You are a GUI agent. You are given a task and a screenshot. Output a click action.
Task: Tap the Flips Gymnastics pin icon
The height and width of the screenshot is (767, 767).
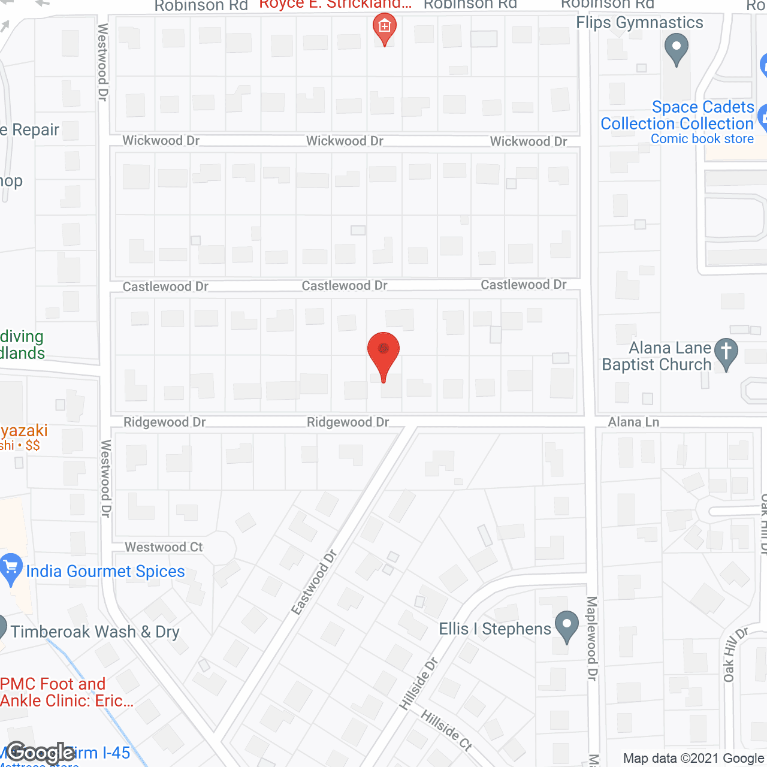pyautogui.click(x=677, y=49)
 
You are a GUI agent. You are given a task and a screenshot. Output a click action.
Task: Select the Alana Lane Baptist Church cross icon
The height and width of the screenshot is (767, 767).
pyautogui.click(x=726, y=354)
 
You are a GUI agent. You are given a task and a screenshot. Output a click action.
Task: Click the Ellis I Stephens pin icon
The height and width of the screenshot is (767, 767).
pyautogui.click(x=566, y=626)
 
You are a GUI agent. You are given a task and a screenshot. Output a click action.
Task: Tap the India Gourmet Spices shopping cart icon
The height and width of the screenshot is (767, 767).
pyautogui.click(x=10, y=569)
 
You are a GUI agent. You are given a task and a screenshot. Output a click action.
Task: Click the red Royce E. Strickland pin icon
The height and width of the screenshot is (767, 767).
pyautogui.click(x=384, y=29)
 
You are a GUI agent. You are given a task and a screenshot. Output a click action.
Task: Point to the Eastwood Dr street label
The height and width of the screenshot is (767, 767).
pyautogui.click(x=314, y=582)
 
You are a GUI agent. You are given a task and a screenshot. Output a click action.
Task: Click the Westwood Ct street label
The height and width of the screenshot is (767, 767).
pyautogui.click(x=164, y=547)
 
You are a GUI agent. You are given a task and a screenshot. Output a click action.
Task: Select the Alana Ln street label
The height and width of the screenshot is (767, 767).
pyautogui.click(x=633, y=422)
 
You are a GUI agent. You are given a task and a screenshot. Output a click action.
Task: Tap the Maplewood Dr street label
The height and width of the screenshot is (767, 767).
pyautogui.click(x=592, y=638)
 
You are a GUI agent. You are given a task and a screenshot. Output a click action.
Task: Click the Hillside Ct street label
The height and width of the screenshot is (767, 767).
pyautogui.click(x=446, y=730)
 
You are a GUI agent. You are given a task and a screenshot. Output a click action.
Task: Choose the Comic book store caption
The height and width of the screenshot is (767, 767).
pyautogui.click(x=702, y=139)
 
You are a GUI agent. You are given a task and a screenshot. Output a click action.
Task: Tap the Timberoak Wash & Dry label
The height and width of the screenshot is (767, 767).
pyautogui.click(x=95, y=632)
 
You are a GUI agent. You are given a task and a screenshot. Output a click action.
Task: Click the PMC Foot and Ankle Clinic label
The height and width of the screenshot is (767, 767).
pyautogui.click(x=66, y=692)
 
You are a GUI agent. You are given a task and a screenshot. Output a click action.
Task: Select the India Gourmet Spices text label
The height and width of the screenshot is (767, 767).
pyautogui.click(x=105, y=571)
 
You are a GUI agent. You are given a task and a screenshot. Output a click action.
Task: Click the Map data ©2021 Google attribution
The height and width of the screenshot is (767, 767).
pyautogui.click(x=693, y=759)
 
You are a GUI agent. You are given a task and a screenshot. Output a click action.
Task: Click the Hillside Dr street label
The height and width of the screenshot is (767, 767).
pyautogui.click(x=419, y=684)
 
